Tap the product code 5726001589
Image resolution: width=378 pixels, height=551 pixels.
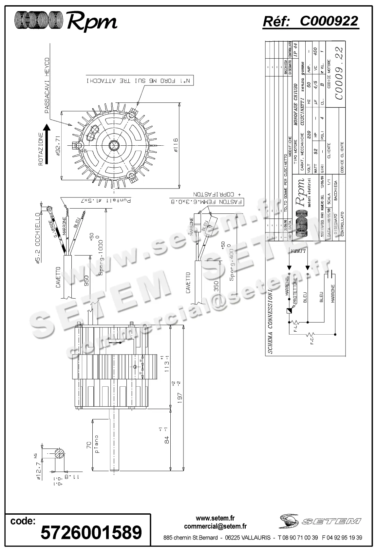point(91,532)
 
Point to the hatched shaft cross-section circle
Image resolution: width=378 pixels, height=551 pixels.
point(60,454)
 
